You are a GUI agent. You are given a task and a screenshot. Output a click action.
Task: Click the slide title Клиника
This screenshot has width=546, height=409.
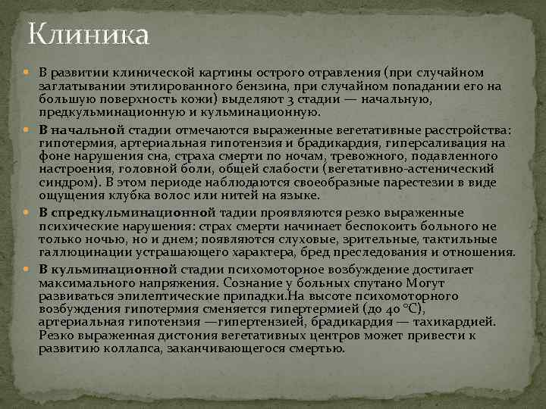click(x=89, y=34)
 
